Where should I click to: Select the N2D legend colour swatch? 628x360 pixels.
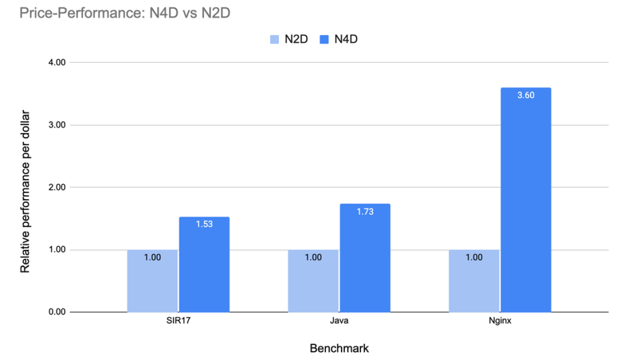point(274,39)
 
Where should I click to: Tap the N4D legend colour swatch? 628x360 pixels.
point(323,39)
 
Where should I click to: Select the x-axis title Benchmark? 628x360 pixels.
point(339,348)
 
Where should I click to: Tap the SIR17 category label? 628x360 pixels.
point(178,321)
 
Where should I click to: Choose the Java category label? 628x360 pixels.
point(339,321)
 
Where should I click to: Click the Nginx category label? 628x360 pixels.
point(500,321)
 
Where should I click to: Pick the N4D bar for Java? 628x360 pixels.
point(365,260)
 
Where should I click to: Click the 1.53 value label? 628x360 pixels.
point(204,224)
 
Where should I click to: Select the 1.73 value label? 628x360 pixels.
point(365,211)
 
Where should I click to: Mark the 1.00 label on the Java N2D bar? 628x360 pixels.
point(313,258)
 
